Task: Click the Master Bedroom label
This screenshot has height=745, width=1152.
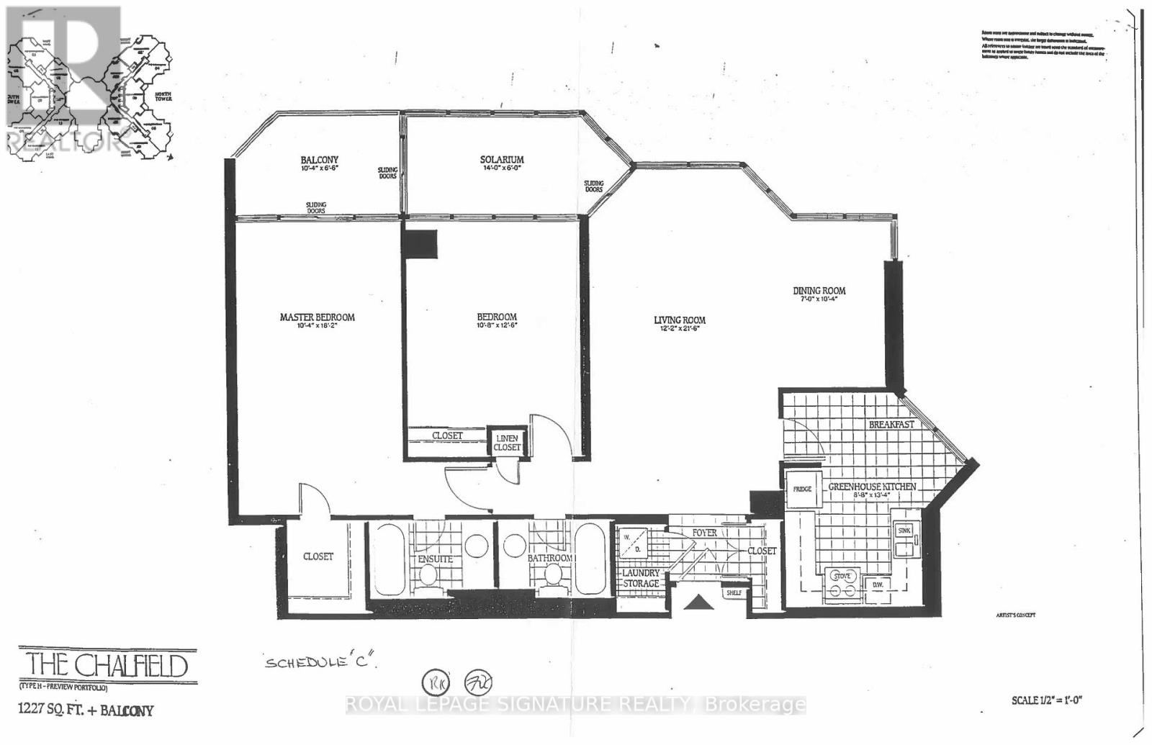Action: (317, 317)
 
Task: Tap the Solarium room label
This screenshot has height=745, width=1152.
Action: (502, 160)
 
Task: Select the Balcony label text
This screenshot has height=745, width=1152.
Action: (319, 161)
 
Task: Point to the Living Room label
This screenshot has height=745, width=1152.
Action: (679, 320)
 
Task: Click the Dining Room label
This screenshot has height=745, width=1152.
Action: (819, 291)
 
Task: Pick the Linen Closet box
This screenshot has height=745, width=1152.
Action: (507, 443)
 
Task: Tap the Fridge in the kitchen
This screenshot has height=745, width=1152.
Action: (802, 489)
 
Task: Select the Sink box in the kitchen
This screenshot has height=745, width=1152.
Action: (904, 531)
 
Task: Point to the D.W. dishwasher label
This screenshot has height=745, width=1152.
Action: (878, 584)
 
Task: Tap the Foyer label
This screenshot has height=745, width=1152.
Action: (704, 533)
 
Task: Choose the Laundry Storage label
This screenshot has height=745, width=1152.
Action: (641, 578)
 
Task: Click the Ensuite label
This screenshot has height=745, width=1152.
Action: (435, 559)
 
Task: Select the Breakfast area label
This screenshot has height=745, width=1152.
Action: (891, 424)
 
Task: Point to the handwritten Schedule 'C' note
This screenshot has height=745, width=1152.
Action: (321, 662)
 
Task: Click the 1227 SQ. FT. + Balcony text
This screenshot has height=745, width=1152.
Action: (86, 710)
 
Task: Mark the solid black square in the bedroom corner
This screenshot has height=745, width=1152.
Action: (420, 244)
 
